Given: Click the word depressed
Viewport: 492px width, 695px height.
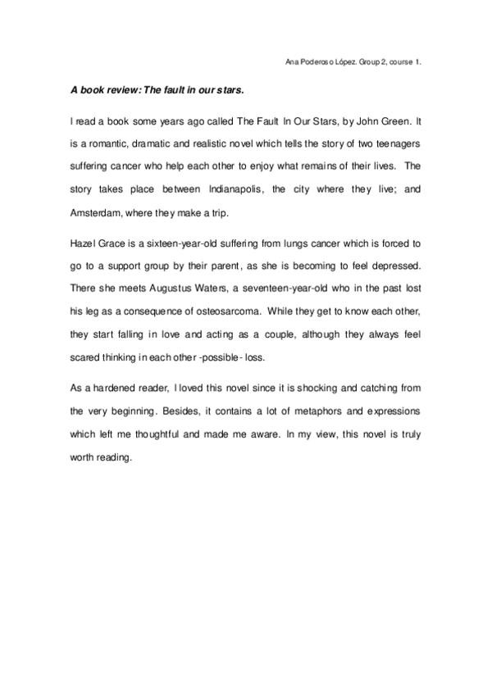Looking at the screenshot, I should [397, 266].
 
